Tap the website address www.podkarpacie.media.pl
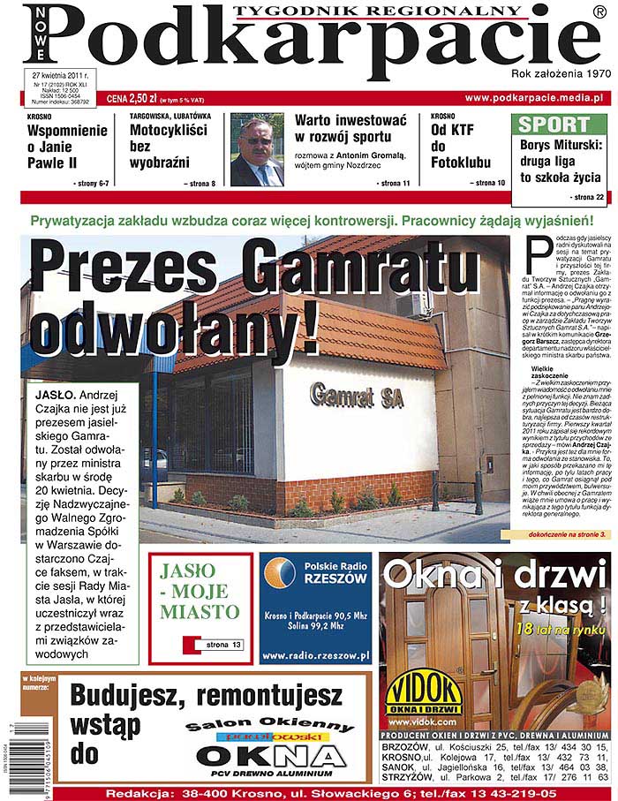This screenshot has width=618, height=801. tap(533, 98)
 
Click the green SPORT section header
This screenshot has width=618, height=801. tap(554, 125)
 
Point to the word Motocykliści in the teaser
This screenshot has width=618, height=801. tap(168, 131)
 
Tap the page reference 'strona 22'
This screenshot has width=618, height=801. tap(587, 196)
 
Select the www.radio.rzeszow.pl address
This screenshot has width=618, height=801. tap(315, 655)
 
